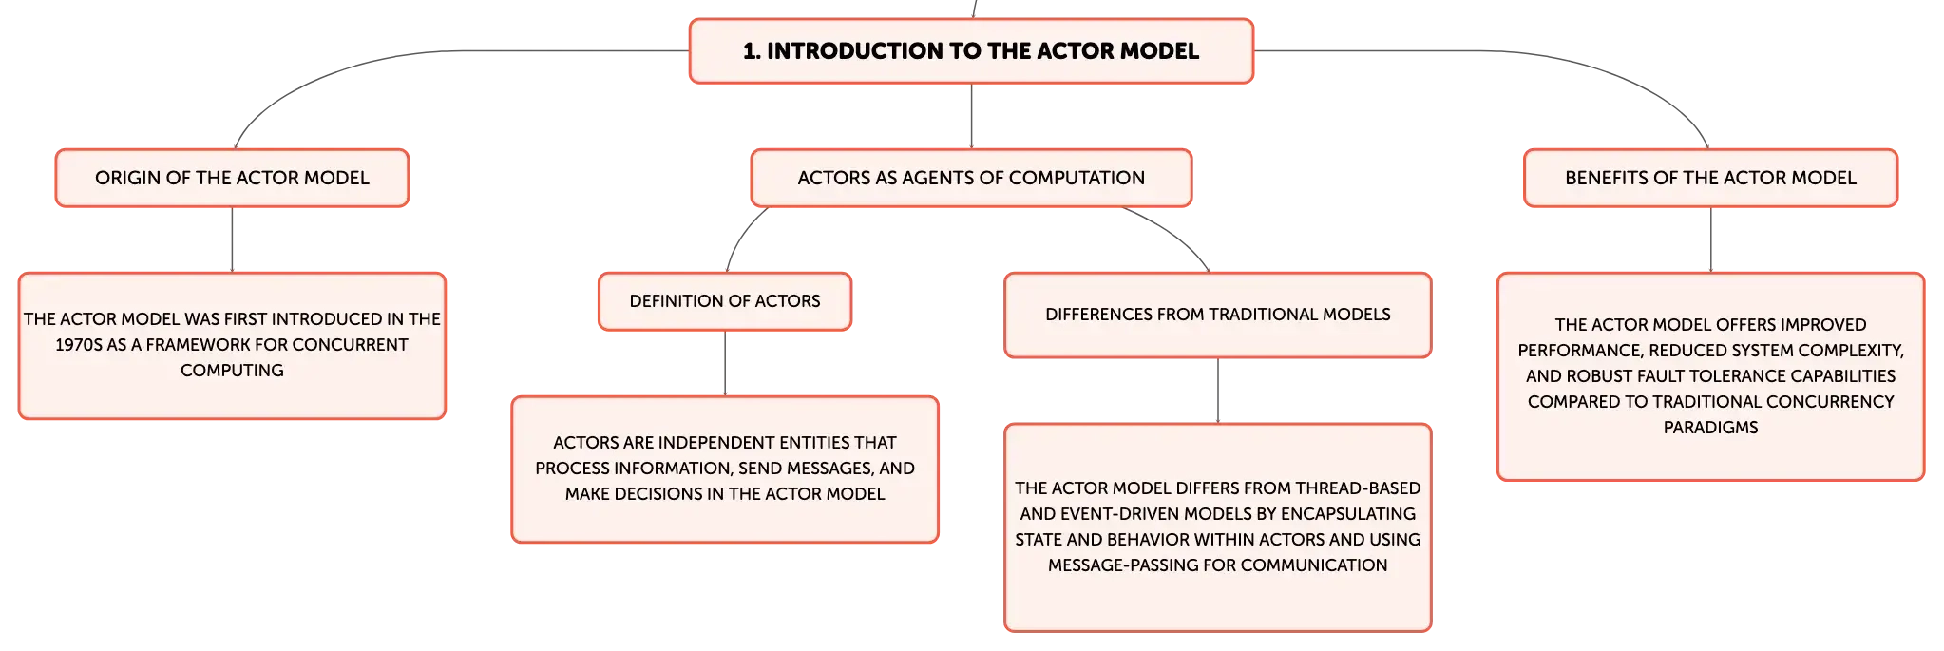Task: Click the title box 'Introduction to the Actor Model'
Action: pyautogui.click(x=971, y=51)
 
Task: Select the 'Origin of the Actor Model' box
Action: pyautogui.click(x=232, y=178)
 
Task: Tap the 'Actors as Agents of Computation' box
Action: pyautogui.click(x=971, y=178)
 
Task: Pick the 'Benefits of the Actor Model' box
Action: pyautogui.click(x=1710, y=178)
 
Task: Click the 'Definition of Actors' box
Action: pyautogui.click(x=725, y=301)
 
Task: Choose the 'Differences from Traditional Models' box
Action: pyautogui.click(x=1218, y=315)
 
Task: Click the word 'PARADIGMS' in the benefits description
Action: pyautogui.click(x=1710, y=428)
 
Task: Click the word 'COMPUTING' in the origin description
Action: pyautogui.click(x=232, y=371)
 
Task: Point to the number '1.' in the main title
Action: pyautogui.click(x=752, y=51)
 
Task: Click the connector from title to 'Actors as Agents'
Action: pyautogui.click(x=971, y=116)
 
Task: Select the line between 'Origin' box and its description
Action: pyautogui.click(x=232, y=239)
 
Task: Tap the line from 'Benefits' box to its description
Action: pyautogui.click(x=1710, y=239)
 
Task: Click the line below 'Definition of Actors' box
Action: pyautogui.click(x=725, y=363)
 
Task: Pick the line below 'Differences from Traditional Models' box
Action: pyautogui.click(x=1218, y=391)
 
